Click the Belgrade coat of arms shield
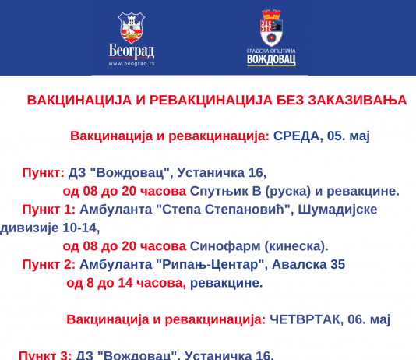point(132,28)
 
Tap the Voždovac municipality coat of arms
point(271,28)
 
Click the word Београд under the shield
point(132,51)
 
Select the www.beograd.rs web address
point(132,64)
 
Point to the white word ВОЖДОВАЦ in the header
point(271,60)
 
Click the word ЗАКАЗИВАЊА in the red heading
point(358,101)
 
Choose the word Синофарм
point(225,246)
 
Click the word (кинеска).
point(296,246)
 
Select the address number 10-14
point(81,228)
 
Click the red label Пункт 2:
point(49,264)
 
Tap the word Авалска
point(299,264)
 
